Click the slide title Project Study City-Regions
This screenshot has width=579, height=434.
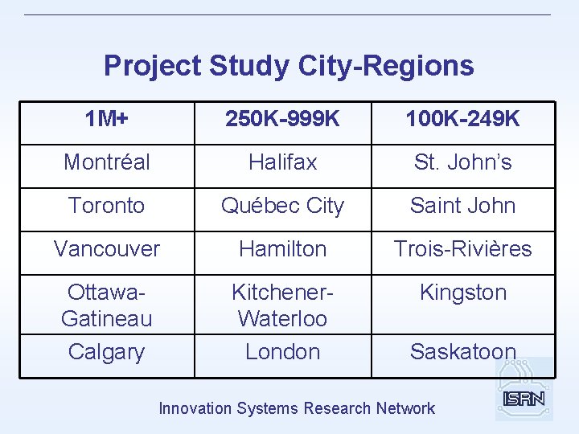[289, 65]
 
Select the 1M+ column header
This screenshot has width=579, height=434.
[106, 120]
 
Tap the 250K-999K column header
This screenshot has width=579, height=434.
[282, 120]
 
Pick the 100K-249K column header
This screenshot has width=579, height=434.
[462, 120]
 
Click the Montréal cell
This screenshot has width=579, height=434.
[106, 162]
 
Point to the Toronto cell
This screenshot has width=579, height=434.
[106, 206]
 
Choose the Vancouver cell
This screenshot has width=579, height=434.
[106, 249]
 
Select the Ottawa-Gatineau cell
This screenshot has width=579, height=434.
[106, 305]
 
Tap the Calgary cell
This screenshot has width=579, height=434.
[106, 352]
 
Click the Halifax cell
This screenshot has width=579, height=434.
[282, 162]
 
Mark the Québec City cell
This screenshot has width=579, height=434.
[282, 206]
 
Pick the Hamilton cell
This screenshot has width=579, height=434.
[282, 249]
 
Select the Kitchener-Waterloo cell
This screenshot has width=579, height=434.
[282, 305]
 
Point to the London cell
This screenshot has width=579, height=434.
[282, 352]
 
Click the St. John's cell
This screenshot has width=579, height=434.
[462, 162]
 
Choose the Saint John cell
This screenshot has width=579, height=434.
[462, 206]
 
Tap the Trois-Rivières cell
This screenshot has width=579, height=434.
[462, 249]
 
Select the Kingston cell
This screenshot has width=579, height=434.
[462, 293]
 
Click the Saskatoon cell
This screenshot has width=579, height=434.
[462, 352]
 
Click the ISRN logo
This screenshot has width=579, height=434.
[524, 397]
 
